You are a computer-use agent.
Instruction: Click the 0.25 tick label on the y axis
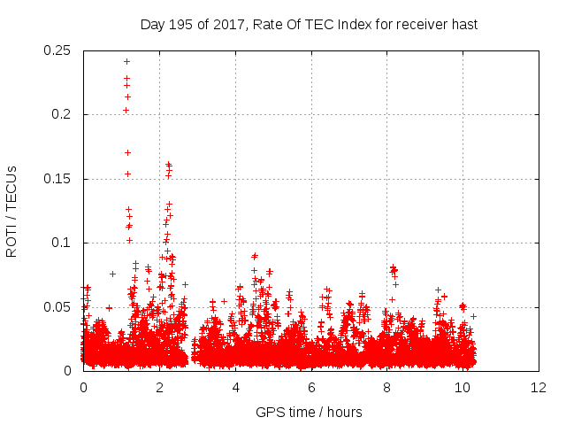click(57, 50)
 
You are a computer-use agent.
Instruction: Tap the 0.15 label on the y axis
click(57, 179)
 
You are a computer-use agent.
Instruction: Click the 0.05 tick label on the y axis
click(57, 307)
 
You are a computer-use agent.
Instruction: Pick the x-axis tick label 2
click(159, 388)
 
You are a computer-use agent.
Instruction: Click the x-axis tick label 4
click(235, 388)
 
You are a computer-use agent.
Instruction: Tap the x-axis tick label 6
click(311, 388)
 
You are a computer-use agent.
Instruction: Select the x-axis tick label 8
click(387, 388)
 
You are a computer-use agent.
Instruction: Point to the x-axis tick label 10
click(463, 388)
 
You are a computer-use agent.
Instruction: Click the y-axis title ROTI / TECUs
click(11, 211)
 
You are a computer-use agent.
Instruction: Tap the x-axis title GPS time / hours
click(309, 412)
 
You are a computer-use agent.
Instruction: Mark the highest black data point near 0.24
click(126, 61)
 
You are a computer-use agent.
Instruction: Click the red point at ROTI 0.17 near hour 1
click(127, 152)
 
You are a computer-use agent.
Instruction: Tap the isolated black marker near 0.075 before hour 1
click(112, 274)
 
